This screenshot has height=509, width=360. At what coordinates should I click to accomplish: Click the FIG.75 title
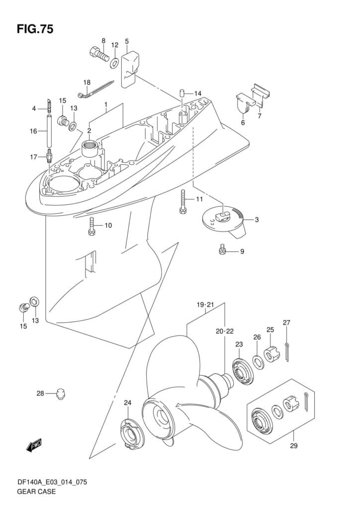tap(35, 29)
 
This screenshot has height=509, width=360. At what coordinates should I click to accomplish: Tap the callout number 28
tap(40, 394)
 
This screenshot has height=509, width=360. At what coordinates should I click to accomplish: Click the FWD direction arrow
tap(34, 445)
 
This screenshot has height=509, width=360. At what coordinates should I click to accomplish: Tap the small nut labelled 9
tap(222, 250)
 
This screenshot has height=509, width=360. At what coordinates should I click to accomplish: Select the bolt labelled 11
tap(183, 201)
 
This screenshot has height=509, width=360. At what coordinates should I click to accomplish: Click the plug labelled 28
tap(60, 394)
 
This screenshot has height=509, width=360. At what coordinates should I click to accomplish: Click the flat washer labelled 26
tap(259, 362)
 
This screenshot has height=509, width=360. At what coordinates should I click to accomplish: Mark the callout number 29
tap(293, 445)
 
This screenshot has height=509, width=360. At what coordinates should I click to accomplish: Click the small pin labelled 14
tap(182, 93)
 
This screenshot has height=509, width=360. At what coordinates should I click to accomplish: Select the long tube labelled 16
tap(50, 131)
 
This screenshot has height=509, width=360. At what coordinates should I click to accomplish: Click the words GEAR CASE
tap(36, 491)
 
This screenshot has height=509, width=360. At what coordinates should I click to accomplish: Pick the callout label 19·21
tap(205, 305)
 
